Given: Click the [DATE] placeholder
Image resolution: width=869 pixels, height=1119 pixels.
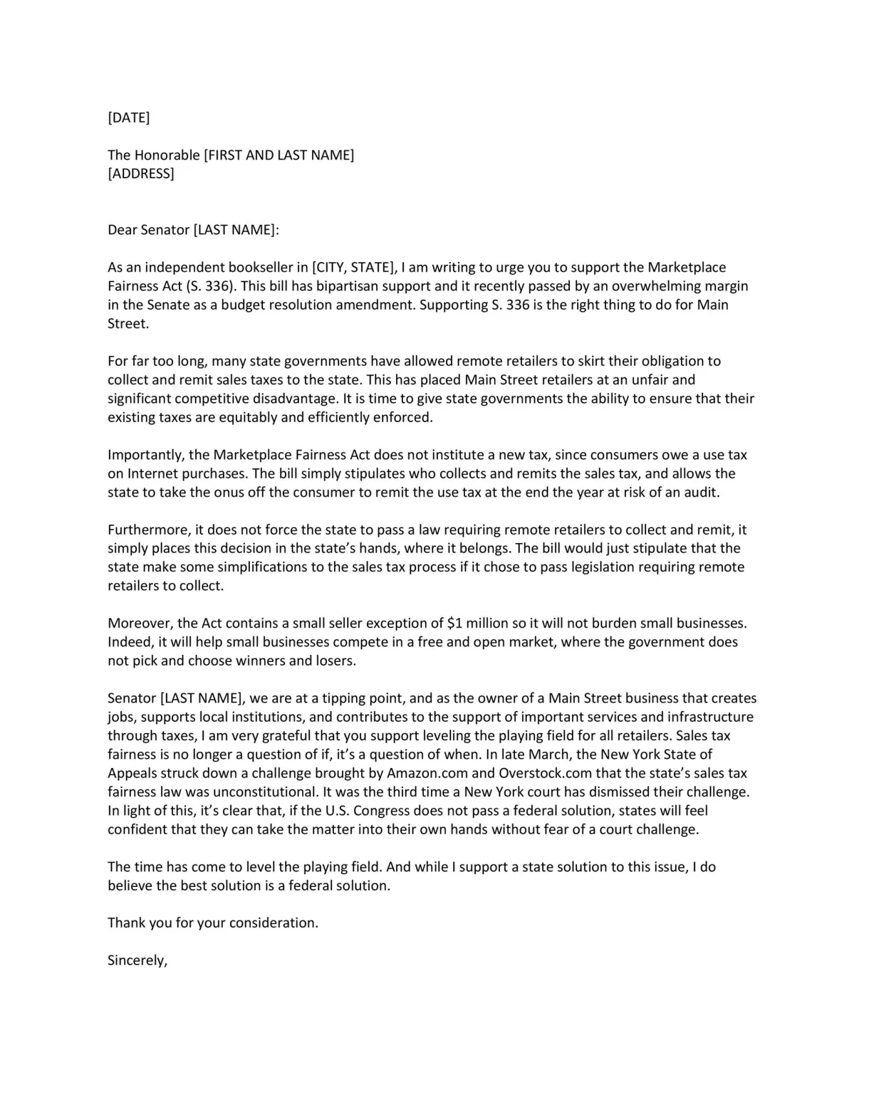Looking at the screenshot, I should (128, 117).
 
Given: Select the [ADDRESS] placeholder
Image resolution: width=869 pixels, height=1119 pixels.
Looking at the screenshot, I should (140, 174).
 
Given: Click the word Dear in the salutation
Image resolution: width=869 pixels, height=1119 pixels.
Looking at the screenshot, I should (122, 230).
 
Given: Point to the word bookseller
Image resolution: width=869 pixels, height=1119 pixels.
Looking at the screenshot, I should (259, 268).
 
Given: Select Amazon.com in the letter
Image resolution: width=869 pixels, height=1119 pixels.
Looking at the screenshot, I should (427, 773).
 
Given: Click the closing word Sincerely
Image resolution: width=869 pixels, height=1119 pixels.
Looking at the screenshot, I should (137, 960).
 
